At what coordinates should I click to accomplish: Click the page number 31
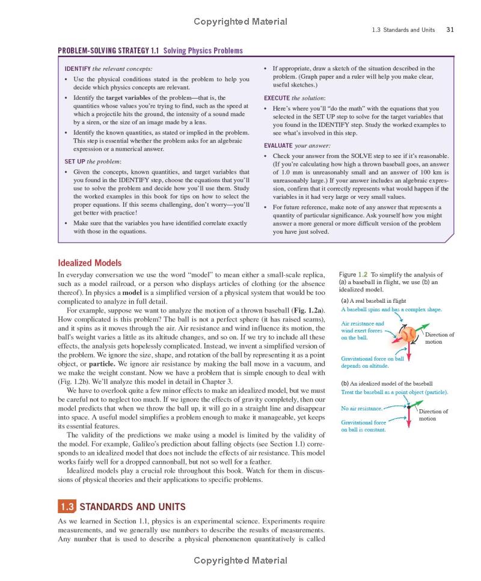(449, 29)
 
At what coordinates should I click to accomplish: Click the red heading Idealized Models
(90, 263)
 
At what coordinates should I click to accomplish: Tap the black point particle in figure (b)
(408, 407)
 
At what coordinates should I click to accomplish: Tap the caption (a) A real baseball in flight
(373, 300)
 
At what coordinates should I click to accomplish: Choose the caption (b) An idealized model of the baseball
(387, 383)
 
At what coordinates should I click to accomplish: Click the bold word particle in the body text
(101, 364)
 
